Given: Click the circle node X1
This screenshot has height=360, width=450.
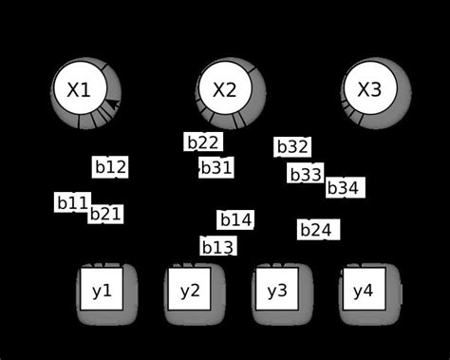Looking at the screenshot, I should click(x=79, y=90).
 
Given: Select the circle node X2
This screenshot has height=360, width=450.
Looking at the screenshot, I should click(x=224, y=90).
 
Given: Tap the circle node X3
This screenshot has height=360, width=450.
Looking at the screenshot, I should click(x=368, y=90).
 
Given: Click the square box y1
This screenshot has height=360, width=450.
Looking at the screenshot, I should click(x=102, y=291).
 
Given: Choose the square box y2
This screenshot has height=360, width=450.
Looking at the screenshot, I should click(x=190, y=291).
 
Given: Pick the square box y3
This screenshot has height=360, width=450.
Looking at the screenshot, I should click(x=276, y=291).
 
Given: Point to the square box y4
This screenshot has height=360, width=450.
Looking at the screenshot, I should click(x=363, y=291).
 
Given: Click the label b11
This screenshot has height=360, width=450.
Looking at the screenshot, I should click(x=72, y=202).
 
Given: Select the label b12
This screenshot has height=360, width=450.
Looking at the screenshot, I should click(x=110, y=167).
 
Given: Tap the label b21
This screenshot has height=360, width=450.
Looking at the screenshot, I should click(x=105, y=214).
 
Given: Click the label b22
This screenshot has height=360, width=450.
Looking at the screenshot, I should click(x=203, y=142).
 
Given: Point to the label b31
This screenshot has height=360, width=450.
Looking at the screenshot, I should click(x=216, y=167).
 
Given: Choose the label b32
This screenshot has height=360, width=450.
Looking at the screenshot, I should click(x=292, y=147).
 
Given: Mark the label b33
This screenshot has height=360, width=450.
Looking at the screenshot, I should click(x=306, y=174).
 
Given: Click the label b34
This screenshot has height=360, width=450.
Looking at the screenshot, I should click(x=343, y=188).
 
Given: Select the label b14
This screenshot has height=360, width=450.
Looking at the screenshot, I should click(x=235, y=220).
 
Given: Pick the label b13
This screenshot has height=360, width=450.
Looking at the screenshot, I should click(x=217, y=247).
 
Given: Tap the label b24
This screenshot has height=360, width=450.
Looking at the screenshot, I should click(x=316, y=230).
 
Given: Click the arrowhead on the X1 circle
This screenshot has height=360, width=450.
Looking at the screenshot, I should click(x=112, y=104).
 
